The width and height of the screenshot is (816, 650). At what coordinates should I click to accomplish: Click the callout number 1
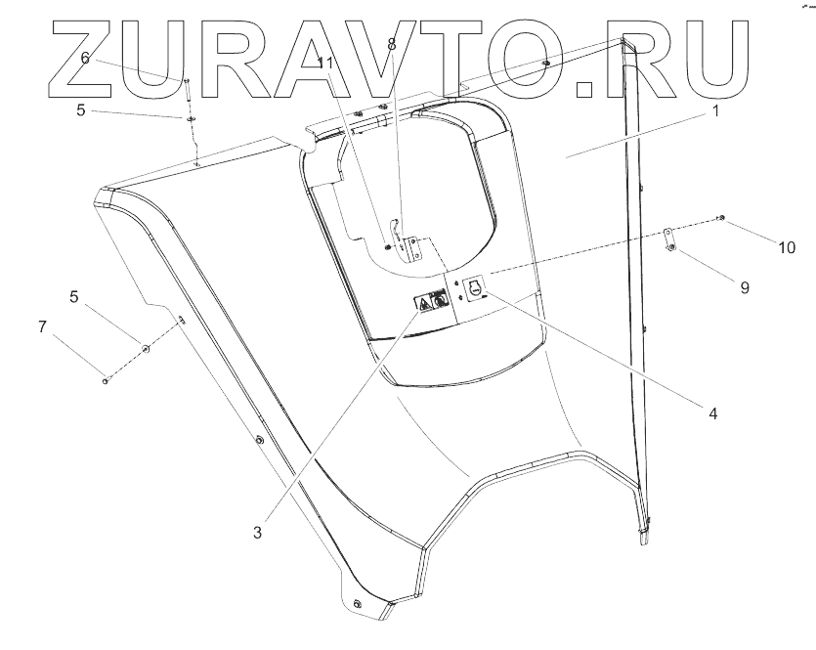point(715,112)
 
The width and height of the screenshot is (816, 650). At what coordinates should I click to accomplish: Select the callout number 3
point(257,533)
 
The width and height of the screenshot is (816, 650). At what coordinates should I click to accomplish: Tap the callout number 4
point(713,413)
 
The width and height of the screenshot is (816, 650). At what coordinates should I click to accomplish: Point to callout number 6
point(85,59)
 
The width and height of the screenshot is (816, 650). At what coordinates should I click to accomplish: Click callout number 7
point(42,326)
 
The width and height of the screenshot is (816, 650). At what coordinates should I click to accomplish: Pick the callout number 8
point(391,45)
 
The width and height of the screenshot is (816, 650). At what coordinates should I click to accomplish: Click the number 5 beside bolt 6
point(82,110)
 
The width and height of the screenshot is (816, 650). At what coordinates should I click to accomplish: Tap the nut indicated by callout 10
point(721,217)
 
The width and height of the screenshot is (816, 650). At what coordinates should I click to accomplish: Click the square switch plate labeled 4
point(475,288)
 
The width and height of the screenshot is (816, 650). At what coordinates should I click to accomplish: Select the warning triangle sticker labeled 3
point(425,304)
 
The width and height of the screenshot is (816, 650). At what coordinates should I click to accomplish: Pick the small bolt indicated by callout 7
point(105,380)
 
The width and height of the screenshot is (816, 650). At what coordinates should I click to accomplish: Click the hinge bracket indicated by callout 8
point(409,247)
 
